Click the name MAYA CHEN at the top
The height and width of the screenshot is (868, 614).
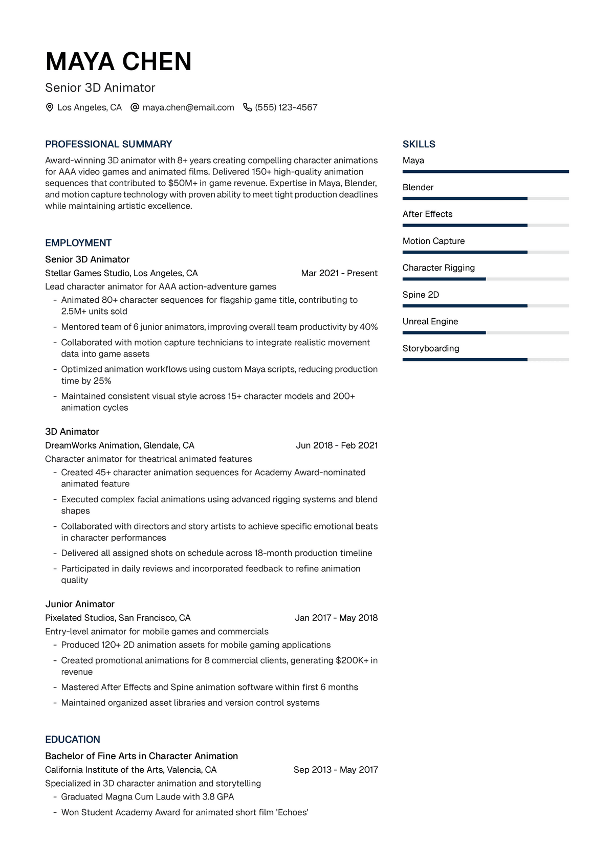coord(118,62)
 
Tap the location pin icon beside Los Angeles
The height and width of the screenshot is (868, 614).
coord(50,107)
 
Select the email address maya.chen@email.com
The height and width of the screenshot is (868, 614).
coord(188,107)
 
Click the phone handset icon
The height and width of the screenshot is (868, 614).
coord(247,107)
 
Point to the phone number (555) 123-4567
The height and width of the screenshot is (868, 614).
coord(286,107)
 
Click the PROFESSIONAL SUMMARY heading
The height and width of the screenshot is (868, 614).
coord(108,144)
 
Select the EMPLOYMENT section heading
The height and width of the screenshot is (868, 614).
coord(78,243)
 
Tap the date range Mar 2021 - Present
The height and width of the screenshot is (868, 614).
coord(339,273)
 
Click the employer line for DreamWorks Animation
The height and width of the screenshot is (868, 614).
coord(120,446)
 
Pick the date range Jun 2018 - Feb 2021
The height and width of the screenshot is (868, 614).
coord(337,446)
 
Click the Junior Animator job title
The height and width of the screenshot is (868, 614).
coord(80,604)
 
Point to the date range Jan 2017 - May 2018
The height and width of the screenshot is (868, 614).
coord(336,618)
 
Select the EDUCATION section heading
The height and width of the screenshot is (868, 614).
coord(73,740)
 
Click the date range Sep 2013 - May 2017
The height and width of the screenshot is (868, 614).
coord(336,770)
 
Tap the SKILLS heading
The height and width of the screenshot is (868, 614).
coord(419,144)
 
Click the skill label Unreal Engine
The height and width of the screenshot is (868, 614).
coord(430,321)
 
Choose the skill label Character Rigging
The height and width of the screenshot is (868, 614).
coord(438,268)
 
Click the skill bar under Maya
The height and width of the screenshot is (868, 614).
coord(486,172)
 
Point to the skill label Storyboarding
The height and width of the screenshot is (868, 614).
coord(431,348)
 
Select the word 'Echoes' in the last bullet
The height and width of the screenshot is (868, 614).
coord(292,812)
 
